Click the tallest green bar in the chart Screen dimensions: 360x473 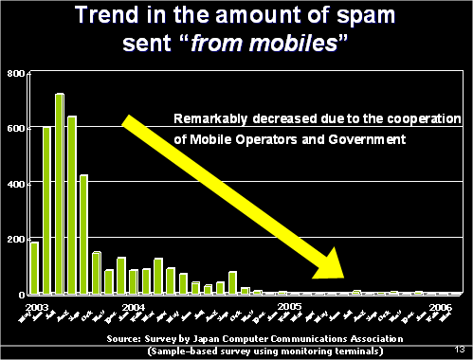point(60,193)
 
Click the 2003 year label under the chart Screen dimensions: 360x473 point(39,308)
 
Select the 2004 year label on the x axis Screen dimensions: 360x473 point(133,308)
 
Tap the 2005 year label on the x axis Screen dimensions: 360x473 point(289,308)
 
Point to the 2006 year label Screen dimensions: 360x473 point(440,308)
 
